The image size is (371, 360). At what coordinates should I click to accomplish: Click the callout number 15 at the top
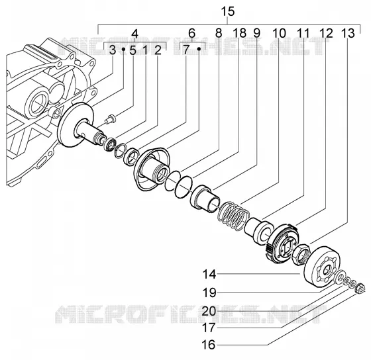(228, 12)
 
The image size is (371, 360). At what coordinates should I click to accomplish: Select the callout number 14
(209, 275)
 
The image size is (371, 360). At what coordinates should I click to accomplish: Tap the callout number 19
(209, 292)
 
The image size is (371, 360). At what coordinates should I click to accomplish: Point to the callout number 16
(209, 345)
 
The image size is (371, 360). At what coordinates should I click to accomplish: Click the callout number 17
(209, 328)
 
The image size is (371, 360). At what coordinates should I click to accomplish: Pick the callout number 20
(209, 311)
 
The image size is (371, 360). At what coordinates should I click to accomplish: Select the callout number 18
(239, 33)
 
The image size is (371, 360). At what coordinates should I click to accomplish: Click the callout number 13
(348, 33)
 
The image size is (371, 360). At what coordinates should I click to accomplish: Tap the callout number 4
(134, 34)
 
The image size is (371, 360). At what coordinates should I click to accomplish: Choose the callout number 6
(191, 33)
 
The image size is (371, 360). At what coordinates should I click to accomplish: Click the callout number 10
(279, 33)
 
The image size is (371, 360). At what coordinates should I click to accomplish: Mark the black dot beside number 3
(123, 49)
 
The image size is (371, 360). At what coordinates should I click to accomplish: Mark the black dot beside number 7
(199, 49)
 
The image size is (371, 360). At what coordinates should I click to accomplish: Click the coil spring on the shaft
(233, 216)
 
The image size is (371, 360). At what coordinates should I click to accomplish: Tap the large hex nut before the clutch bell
(301, 255)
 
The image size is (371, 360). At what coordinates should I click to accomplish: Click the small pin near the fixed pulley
(110, 118)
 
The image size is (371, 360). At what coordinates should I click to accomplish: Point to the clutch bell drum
(322, 267)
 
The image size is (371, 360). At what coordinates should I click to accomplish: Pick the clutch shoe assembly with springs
(282, 244)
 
